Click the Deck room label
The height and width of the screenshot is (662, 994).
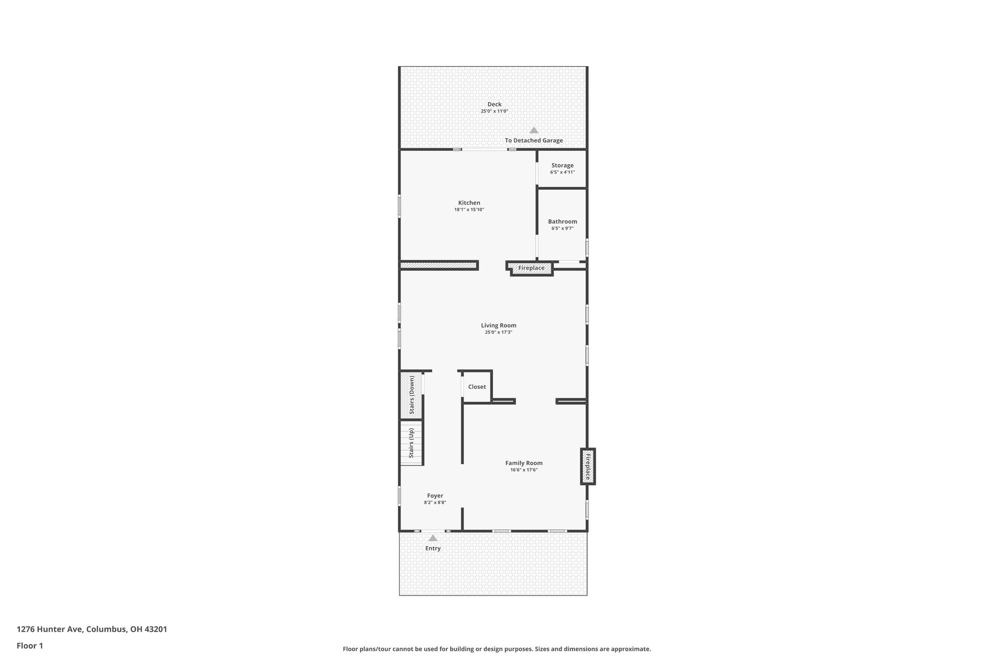pyautogui.click(x=494, y=104)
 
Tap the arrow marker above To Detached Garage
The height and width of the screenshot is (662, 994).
pyautogui.click(x=534, y=130)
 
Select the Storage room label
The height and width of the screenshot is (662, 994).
pyautogui.click(x=562, y=165)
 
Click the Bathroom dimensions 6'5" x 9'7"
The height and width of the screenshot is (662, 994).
pyautogui.click(x=562, y=228)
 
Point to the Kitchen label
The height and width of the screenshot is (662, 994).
pyautogui.click(x=469, y=203)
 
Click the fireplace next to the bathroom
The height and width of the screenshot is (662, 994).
pyautogui.click(x=531, y=268)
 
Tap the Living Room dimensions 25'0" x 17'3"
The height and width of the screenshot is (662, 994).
pyautogui.click(x=498, y=333)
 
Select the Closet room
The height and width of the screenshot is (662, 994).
pyautogui.click(x=477, y=387)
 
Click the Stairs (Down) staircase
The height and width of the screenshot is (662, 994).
pyautogui.click(x=412, y=395)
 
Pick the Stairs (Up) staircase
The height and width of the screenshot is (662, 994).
pyautogui.click(x=412, y=443)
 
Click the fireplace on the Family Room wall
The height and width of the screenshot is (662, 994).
pyautogui.click(x=588, y=466)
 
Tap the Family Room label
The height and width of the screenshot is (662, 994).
pyautogui.click(x=524, y=463)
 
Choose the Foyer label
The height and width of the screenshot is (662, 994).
pyautogui.click(x=435, y=496)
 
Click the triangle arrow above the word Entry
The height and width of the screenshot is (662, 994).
pyautogui.click(x=433, y=538)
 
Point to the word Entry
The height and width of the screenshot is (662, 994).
pyautogui.click(x=433, y=549)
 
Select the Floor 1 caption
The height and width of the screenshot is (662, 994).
pyautogui.click(x=30, y=646)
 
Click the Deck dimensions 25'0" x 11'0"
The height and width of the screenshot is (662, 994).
pyautogui.click(x=494, y=112)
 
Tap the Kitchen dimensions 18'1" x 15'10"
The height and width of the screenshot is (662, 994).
pyautogui.click(x=469, y=210)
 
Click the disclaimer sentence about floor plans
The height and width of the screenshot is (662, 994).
pyautogui.click(x=497, y=649)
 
